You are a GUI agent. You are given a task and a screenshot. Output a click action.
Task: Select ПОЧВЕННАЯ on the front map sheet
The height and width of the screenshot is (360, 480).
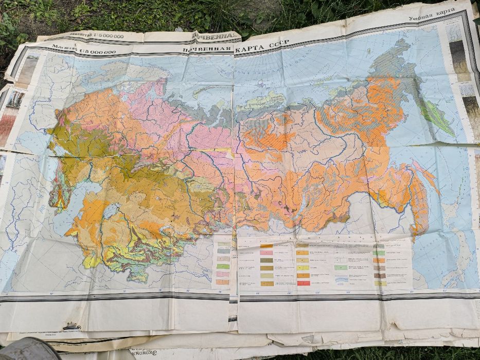click(205, 50)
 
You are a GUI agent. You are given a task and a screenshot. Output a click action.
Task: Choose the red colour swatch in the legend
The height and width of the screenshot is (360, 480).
click(303, 283)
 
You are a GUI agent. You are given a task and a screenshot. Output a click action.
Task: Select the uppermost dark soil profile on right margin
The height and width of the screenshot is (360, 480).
click(457, 57)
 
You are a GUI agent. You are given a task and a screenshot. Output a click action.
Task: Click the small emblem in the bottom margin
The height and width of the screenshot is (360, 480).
click(72, 326)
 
